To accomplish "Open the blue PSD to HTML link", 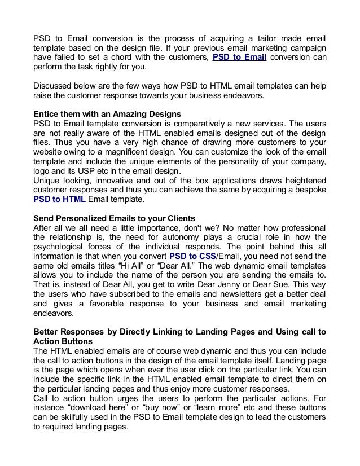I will (59, 199).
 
